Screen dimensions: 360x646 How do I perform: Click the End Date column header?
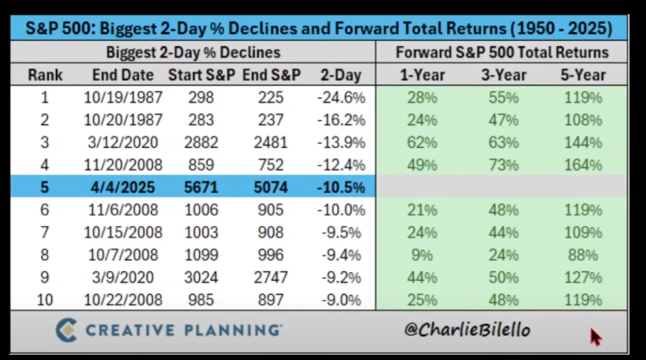tap(123, 75)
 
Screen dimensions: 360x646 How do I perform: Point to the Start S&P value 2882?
tap(201, 142)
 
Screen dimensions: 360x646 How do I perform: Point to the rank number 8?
tap(44, 255)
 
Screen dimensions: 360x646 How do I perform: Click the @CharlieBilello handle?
tap(467, 331)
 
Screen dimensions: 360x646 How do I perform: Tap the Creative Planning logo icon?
tap(65, 330)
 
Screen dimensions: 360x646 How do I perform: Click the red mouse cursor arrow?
tap(596, 336)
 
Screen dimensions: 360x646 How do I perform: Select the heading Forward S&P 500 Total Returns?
tap(501, 52)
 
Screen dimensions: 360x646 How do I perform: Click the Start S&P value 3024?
tap(201, 277)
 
